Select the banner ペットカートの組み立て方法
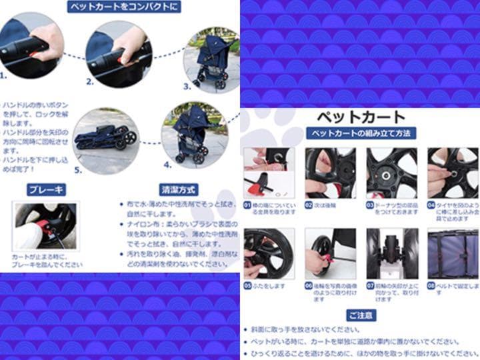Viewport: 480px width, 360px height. click(x=360, y=133)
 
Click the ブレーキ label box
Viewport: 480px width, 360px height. click(x=46, y=189)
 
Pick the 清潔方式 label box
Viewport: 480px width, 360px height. click(x=178, y=189)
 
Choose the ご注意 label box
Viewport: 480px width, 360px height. click(x=361, y=315)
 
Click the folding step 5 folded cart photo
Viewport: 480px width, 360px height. click(x=107, y=137)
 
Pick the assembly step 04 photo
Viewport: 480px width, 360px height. click(x=453, y=173)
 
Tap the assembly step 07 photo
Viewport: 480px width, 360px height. click(x=392, y=253)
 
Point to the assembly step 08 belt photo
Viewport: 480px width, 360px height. click(x=453, y=253)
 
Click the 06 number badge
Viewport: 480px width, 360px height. click(x=309, y=285)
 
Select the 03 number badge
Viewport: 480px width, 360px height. click(x=370, y=205)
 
